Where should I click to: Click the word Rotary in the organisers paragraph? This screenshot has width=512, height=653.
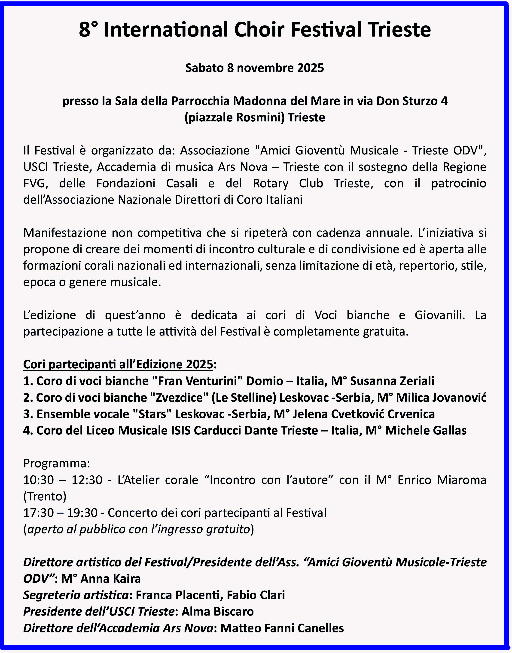pyautogui.click(x=271, y=183)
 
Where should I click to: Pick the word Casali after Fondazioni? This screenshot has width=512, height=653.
pyautogui.click(x=182, y=183)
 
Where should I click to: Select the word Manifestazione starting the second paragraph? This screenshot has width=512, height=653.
pyautogui.click(x=65, y=233)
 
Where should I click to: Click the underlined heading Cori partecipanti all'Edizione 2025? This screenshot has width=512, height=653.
pyautogui.click(x=118, y=364)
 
